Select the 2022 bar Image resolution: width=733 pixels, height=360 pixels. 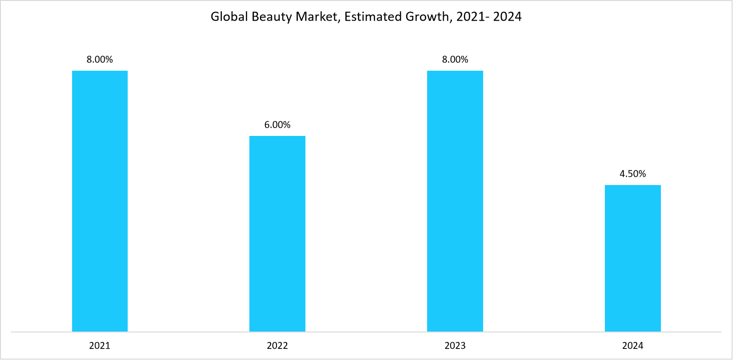(277, 234)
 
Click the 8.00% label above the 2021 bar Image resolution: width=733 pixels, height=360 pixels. (100, 60)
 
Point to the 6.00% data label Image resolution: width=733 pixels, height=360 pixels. (277, 125)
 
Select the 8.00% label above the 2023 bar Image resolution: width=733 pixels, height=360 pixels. (455, 60)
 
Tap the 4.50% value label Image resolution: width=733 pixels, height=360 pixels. (632, 174)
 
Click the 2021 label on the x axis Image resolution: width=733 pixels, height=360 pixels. (100, 346)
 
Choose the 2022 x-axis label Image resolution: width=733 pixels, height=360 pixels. (277, 346)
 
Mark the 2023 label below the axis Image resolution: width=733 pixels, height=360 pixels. (455, 346)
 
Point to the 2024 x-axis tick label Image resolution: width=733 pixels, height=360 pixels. (632, 346)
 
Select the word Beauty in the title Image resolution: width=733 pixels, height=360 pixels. (264, 17)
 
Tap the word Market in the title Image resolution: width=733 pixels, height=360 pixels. (306, 17)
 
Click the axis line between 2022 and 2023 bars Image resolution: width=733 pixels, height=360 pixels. (366, 332)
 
